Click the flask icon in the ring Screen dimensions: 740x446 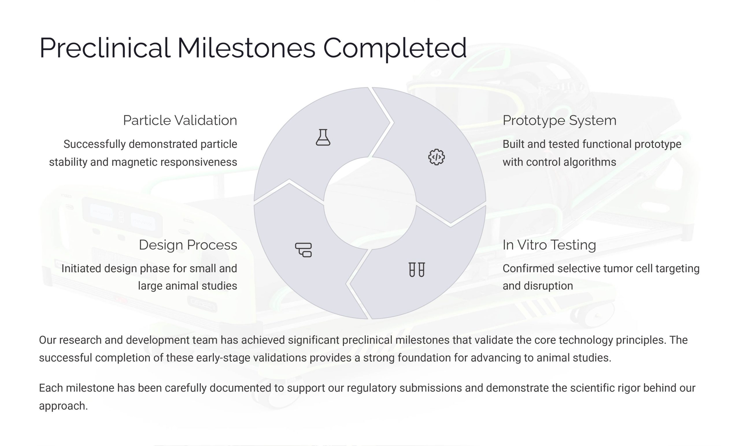click(323, 137)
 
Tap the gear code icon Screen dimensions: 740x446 click(436, 157)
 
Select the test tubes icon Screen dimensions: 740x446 click(417, 269)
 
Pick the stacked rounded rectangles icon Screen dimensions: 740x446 click(303, 250)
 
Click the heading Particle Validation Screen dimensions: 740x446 click(180, 120)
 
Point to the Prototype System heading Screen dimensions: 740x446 click(560, 121)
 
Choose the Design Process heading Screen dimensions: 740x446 click(188, 245)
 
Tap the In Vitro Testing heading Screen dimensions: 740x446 click(549, 245)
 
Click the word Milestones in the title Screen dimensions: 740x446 click(246, 48)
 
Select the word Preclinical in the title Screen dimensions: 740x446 click(105, 48)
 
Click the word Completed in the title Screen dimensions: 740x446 click(395, 49)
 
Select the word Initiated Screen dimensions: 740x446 click(82, 268)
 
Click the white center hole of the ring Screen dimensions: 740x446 click(370, 203)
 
